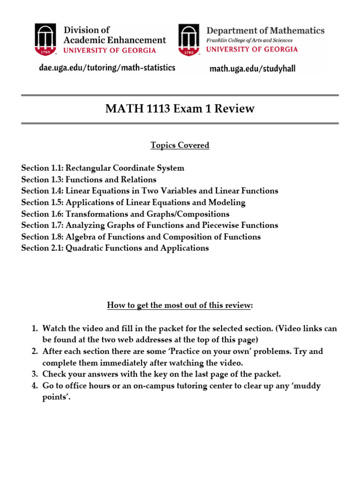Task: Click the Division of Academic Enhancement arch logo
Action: (x=47, y=40)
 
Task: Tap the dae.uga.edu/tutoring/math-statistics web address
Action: (x=106, y=68)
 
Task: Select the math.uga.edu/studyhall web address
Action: (x=252, y=69)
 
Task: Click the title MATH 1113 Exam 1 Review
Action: (x=180, y=109)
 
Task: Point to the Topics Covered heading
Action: (x=180, y=145)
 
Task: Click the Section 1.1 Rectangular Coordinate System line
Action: (x=103, y=168)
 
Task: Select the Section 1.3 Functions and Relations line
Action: (x=89, y=180)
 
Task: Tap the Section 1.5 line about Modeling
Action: (x=133, y=202)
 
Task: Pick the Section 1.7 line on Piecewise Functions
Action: (x=150, y=225)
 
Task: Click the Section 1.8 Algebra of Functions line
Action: (x=141, y=237)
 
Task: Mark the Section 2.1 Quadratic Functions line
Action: (x=115, y=248)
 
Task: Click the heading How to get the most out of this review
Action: (x=180, y=306)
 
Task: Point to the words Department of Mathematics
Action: (x=265, y=30)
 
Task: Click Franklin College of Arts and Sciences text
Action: (x=252, y=40)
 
